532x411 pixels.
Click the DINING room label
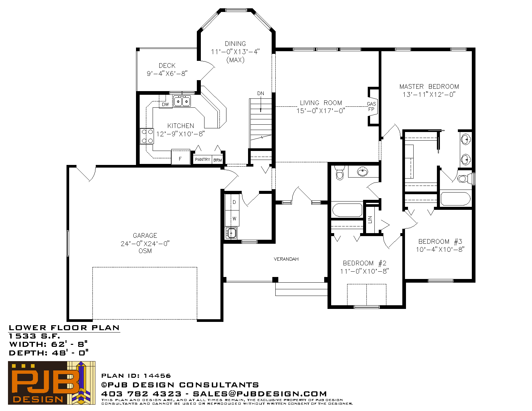[235, 44]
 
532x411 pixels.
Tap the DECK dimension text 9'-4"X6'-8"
[167, 73]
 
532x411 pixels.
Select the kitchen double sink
[182, 101]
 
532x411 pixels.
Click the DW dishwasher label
[165, 104]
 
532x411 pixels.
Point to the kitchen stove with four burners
[147, 136]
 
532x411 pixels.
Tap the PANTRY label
[202, 160]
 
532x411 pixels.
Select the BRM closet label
[217, 160]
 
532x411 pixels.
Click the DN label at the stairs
[260, 93]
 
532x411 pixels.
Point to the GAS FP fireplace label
[371, 106]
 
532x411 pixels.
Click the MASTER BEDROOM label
[429, 86]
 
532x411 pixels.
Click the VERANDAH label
[286, 259]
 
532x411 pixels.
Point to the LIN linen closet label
[370, 219]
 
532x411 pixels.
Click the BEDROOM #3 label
[440, 242]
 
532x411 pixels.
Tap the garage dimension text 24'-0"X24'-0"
[145, 243]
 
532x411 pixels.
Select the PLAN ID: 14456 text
[136, 376]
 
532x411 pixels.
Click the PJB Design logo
[52, 383]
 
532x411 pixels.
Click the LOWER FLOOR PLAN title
[64, 328]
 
